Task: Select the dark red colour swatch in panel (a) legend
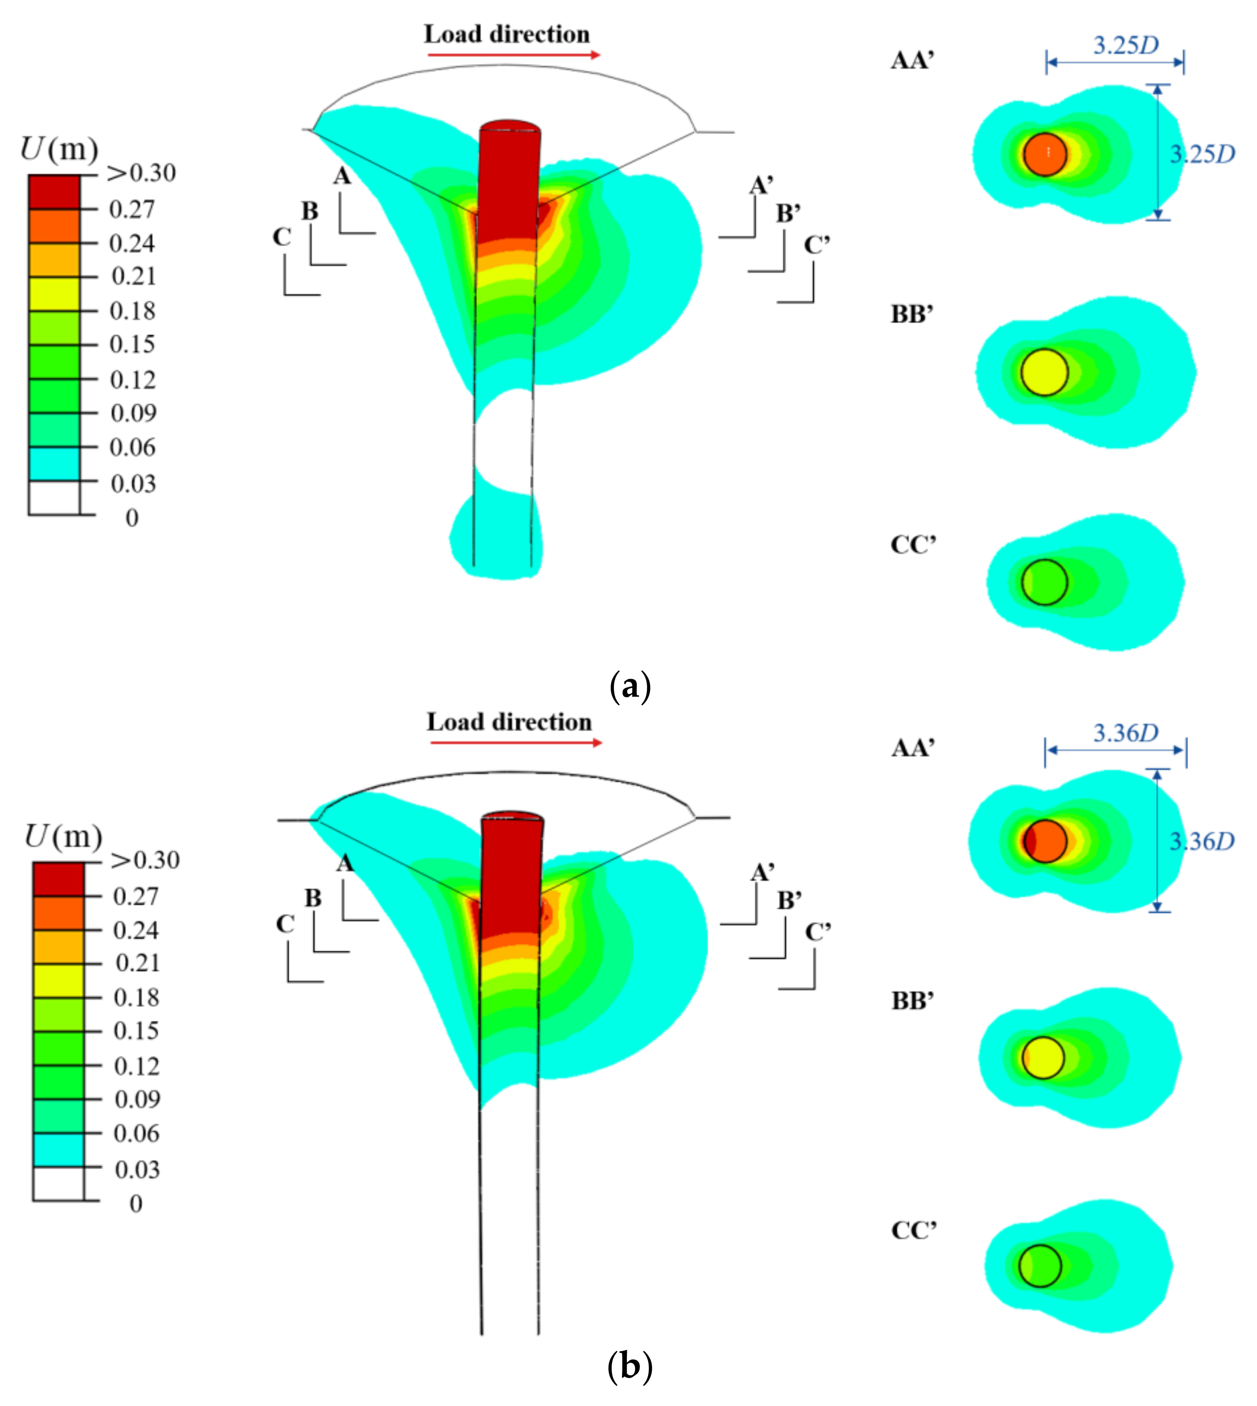point(54,191)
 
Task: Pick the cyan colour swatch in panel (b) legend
point(58,1150)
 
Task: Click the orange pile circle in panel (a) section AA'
point(1045,154)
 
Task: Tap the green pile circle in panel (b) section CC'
point(1040,1266)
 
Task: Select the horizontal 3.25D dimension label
point(1126,45)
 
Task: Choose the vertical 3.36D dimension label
point(1202,841)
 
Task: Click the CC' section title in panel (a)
point(913,545)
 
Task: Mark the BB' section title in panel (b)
point(913,1000)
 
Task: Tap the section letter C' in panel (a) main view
point(816,245)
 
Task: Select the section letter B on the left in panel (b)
point(313,898)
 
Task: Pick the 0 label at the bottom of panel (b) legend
point(136,1203)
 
